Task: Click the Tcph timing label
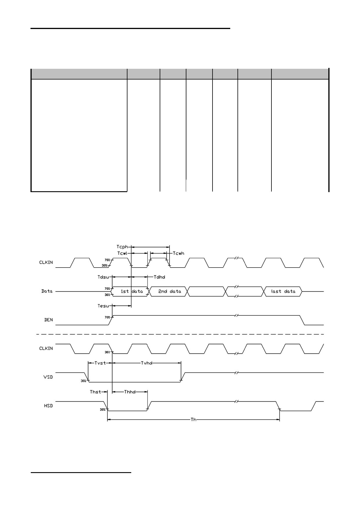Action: [x=122, y=247]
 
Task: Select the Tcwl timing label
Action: [x=122, y=253]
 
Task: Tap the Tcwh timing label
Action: [x=179, y=253]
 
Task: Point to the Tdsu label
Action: [x=103, y=277]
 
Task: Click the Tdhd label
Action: [x=159, y=277]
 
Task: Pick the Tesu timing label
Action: [x=103, y=306]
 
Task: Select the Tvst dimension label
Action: [x=100, y=363]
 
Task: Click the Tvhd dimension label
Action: [x=147, y=363]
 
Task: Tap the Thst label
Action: [x=96, y=392]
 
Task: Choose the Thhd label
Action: [x=130, y=392]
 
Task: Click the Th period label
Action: [x=193, y=419]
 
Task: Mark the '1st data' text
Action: [x=132, y=291]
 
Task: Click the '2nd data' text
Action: [x=170, y=291]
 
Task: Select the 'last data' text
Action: [x=283, y=291]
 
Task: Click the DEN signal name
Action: [x=48, y=320]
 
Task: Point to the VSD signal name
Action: [x=48, y=377]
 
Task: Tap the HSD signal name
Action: [x=48, y=405]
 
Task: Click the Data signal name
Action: [x=47, y=291]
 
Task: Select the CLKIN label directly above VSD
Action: [x=46, y=348]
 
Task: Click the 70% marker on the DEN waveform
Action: [x=107, y=317]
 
